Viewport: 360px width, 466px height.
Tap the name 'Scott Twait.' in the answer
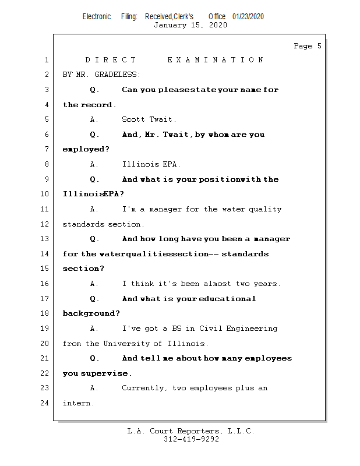pyautogui.click(x=149, y=119)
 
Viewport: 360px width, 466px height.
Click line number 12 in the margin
pyautogui.click(x=45, y=224)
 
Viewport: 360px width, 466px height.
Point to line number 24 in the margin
pyautogui.click(x=45, y=403)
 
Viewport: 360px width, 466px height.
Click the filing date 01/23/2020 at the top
pyautogui.click(x=248, y=16)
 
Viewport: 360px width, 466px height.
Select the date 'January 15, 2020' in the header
pyautogui.click(x=190, y=25)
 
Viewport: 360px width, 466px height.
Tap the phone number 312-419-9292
pyautogui.click(x=191, y=439)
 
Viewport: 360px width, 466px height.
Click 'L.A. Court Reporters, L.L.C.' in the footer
pyautogui.click(x=191, y=431)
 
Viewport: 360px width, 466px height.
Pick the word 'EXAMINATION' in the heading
pyautogui.click(x=216, y=60)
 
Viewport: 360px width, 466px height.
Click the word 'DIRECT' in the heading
pyautogui.click(x=111, y=60)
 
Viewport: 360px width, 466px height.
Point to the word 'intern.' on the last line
pyautogui.click(x=78, y=403)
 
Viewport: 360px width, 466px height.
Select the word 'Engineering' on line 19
pyautogui.click(x=253, y=329)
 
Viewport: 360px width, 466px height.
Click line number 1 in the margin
pyautogui.click(x=45, y=60)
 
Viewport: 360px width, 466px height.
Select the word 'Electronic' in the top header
pyautogui.click(x=97, y=16)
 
